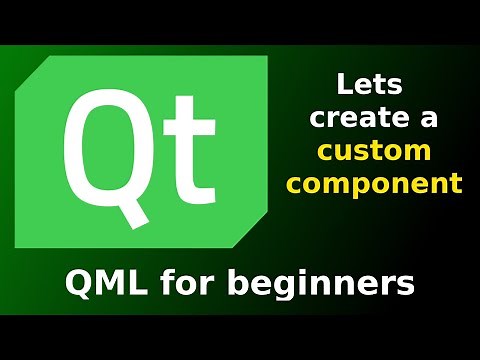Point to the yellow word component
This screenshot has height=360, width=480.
coord(385,184)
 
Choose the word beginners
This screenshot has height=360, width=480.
coord(320,286)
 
